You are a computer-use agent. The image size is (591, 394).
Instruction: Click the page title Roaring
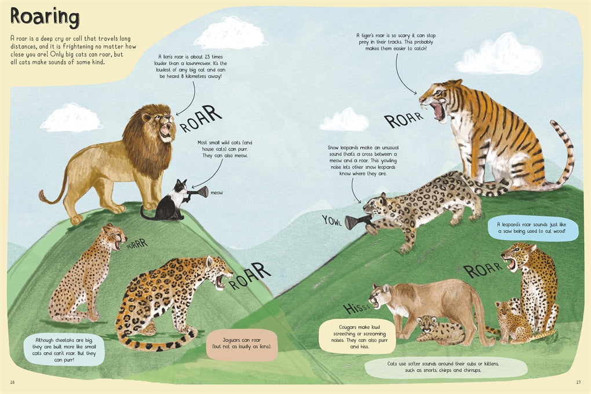[45, 17]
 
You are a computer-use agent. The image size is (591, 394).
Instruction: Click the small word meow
[217, 192]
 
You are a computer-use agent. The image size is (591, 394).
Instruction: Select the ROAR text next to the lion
[201, 118]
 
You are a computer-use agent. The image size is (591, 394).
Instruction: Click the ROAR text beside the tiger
[404, 119]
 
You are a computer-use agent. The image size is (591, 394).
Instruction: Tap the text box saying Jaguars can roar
[243, 344]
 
